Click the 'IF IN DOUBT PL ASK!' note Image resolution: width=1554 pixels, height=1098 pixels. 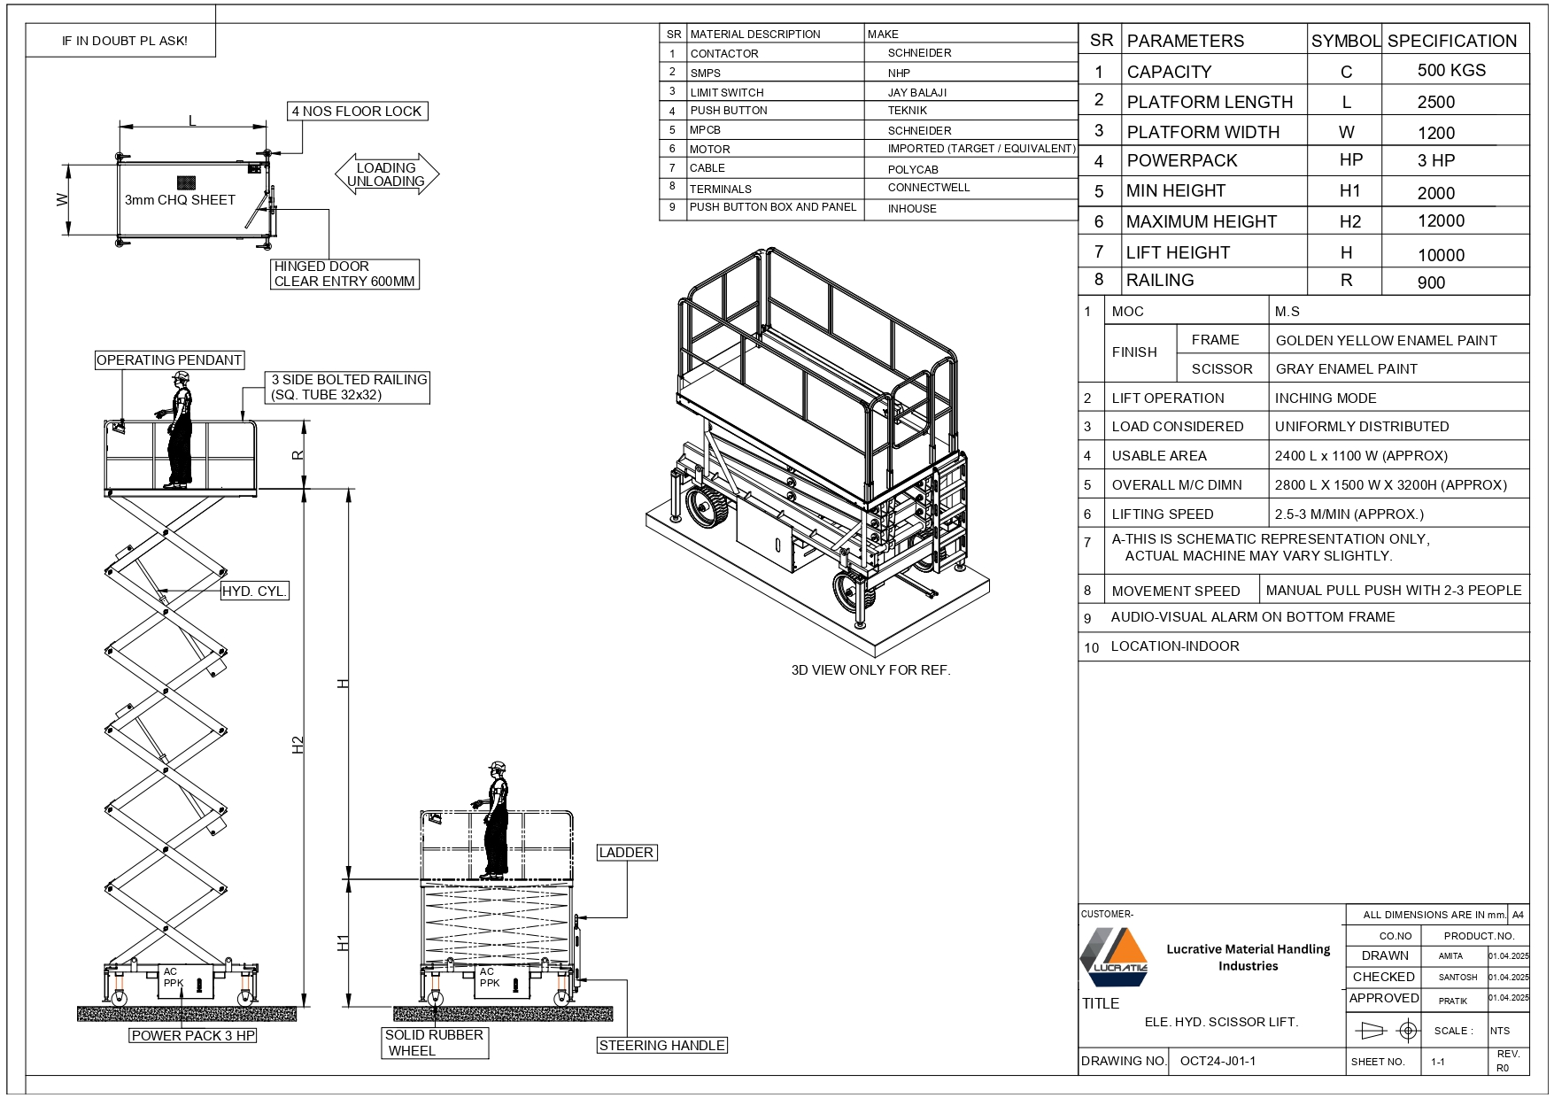(124, 41)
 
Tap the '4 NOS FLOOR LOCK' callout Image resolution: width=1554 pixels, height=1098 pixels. (357, 111)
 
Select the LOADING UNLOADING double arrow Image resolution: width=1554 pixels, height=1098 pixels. (386, 174)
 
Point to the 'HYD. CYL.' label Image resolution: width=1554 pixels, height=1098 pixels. (255, 591)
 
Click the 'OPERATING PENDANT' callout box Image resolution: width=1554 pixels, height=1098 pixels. (168, 360)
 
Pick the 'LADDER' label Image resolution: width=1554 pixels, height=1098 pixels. (626, 852)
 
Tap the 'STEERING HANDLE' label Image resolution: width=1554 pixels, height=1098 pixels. (661, 1045)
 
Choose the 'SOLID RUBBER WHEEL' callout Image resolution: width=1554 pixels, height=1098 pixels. (434, 1042)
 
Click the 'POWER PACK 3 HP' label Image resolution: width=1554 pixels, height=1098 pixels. (193, 1035)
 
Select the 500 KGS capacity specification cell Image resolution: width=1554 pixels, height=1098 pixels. (1451, 70)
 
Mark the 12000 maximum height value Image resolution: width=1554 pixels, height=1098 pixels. (1441, 220)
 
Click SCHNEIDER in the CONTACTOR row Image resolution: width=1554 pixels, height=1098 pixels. (919, 53)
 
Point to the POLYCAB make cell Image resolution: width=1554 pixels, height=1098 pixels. (913, 169)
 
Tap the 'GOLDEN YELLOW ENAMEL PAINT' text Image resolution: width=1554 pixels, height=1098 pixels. (1386, 340)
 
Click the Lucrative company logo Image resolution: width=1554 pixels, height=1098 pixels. (1114, 956)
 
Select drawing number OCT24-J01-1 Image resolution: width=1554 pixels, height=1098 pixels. (1218, 1061)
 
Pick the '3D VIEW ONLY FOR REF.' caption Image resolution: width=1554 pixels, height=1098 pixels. (870, 669)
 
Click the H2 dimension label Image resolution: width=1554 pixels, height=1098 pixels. (298, 745)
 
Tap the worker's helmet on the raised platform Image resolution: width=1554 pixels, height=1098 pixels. (182, 376)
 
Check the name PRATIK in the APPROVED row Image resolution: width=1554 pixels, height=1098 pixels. (1452, 1001)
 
